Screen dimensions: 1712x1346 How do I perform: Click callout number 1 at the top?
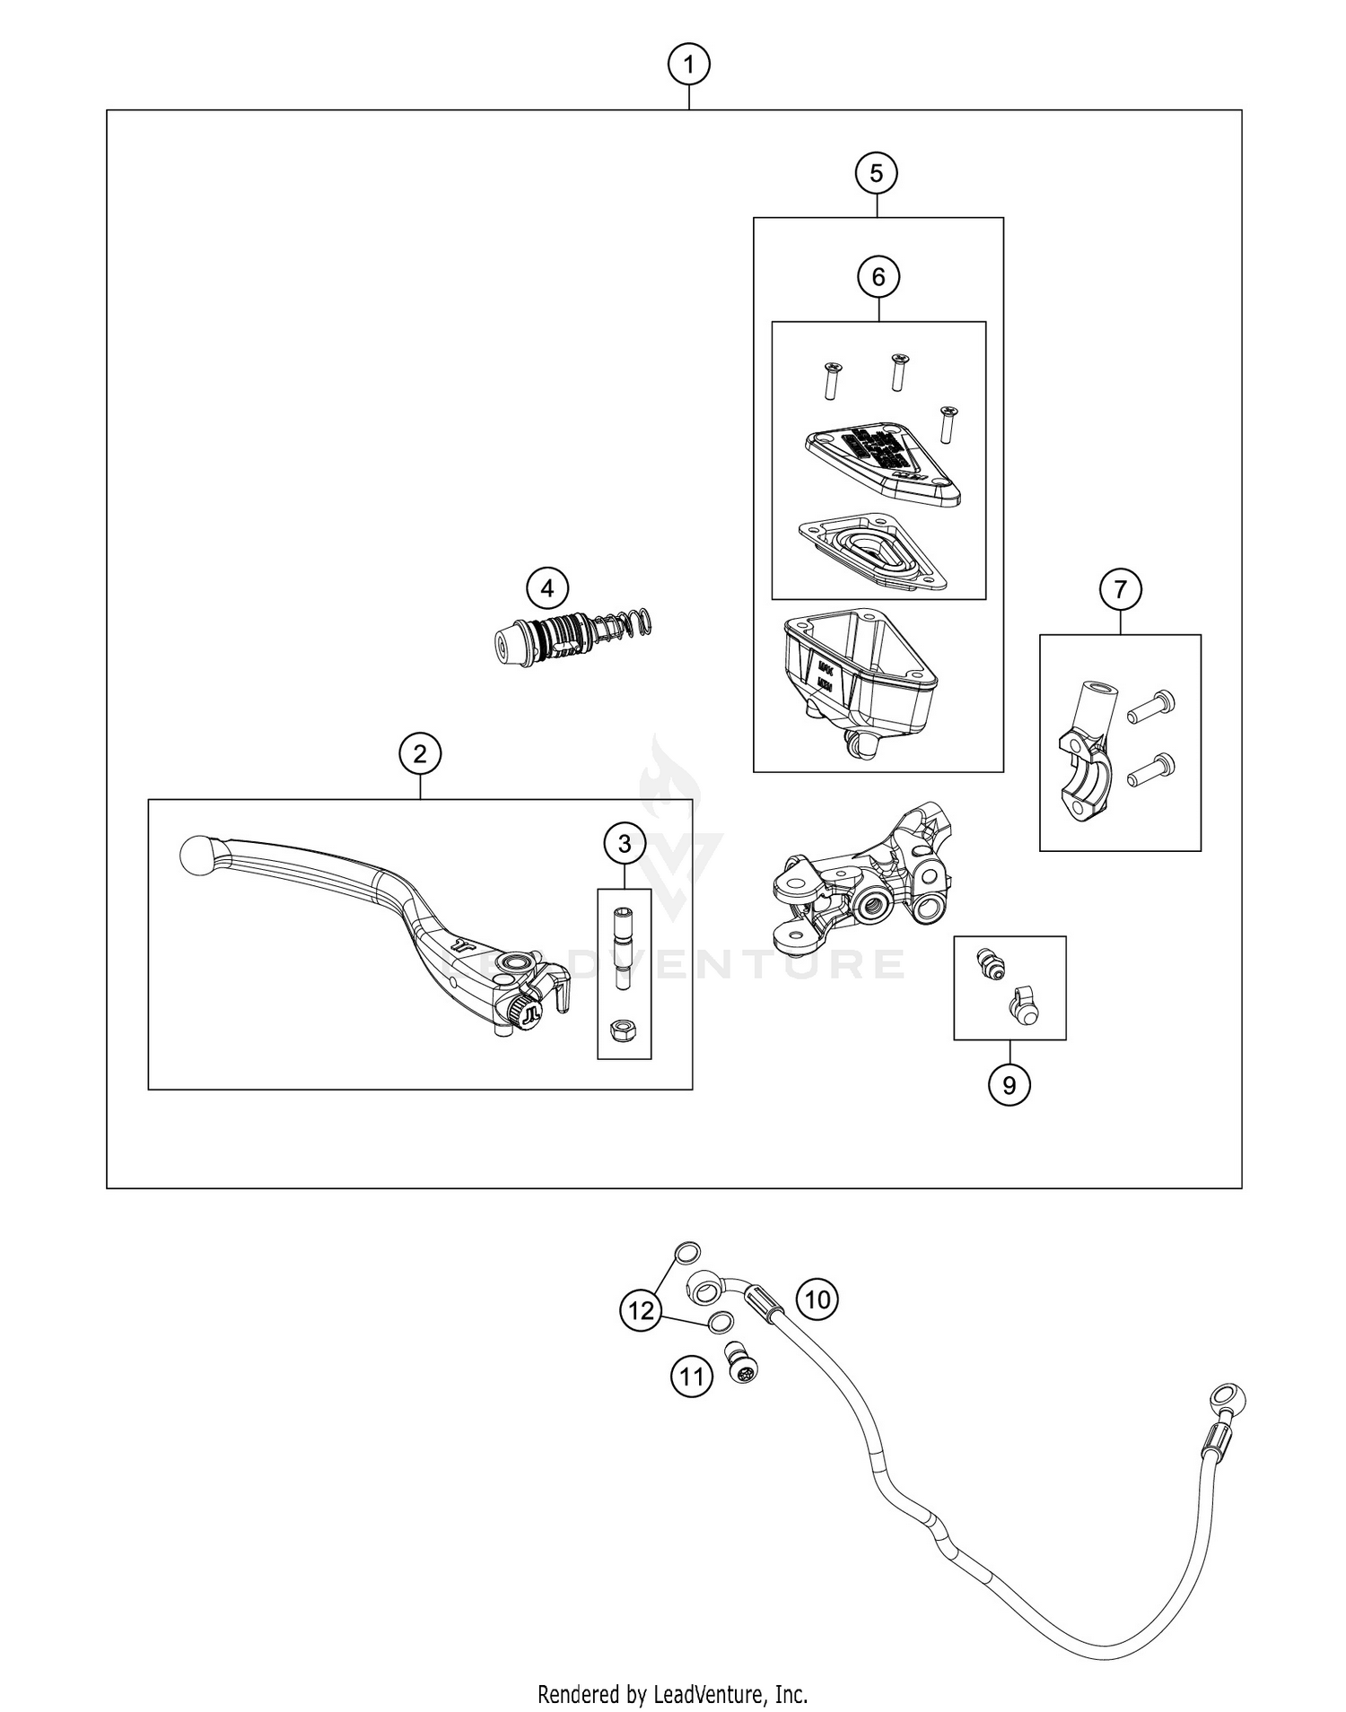[x=688, y=65]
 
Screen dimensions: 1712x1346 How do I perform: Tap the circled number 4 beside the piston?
[x=547, y=589]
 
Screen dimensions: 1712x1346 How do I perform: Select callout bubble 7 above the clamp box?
[x=1121, y=590]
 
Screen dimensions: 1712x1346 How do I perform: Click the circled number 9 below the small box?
[x=1009, y=1085]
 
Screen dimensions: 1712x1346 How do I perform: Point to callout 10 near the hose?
[x=817, y=1299]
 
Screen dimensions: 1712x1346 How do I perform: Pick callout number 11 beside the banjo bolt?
[x=691, y=1376]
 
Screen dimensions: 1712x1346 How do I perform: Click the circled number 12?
[x=641, y=1311]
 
